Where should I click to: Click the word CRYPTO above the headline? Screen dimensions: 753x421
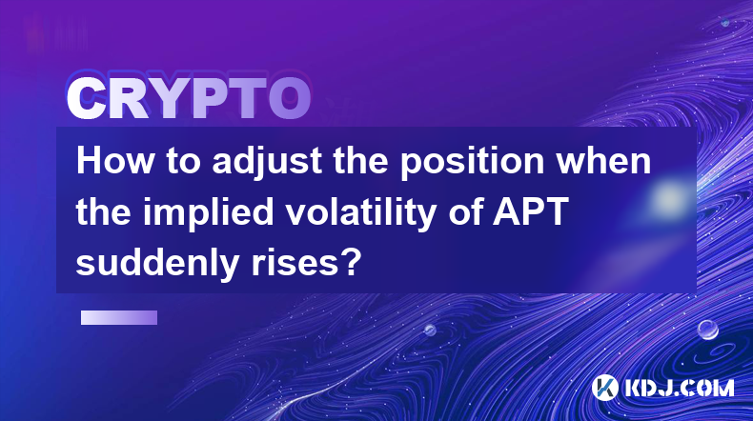tap(189, 98)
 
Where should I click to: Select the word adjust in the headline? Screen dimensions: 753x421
tap(267, 163)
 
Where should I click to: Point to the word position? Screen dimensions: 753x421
tap(473, 163)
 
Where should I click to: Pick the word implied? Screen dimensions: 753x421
tap(209, 213)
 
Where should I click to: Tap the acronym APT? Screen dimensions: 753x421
tap(531, 211)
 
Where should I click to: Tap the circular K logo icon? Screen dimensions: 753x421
tap(604, 387)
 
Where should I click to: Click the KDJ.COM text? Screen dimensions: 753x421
tap(679, 388)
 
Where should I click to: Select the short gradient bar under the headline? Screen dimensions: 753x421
tap(119, 317)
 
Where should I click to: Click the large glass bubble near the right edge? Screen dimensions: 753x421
tap(708, 330)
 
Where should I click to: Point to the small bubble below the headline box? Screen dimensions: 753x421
tap(430, 330)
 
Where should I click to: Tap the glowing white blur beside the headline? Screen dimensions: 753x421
tap(668, 197)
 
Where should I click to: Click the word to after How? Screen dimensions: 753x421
tap(183, 162)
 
